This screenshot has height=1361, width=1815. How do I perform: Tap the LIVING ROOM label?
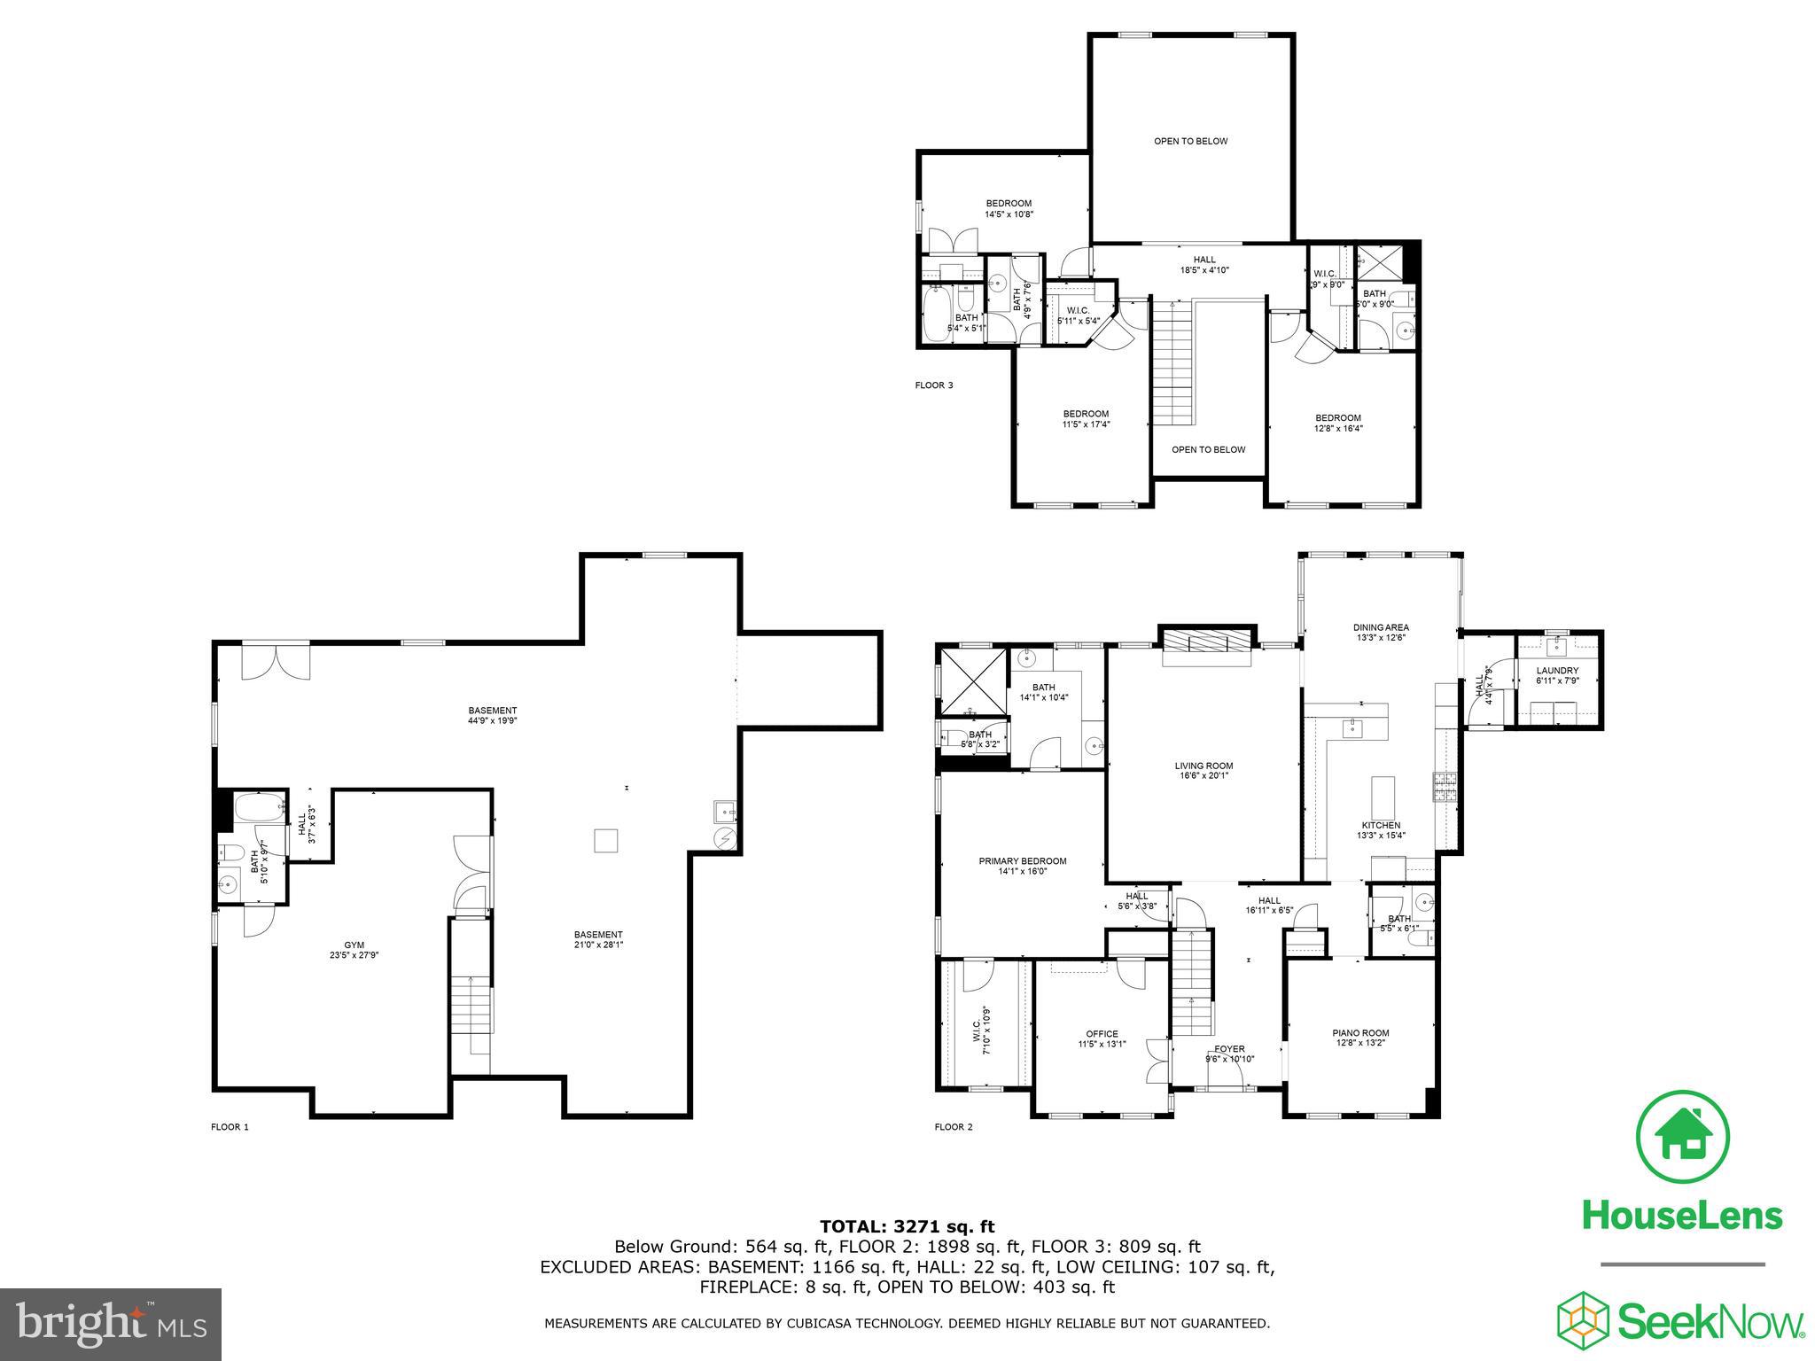pos(1204,766)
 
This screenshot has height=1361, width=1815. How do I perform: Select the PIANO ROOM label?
pos(1360,1033)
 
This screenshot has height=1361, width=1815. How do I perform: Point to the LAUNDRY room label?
pos(1557,671)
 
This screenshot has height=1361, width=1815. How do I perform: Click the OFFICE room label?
pos(1102,1034)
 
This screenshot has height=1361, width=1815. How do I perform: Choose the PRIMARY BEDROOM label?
pos(1022,861)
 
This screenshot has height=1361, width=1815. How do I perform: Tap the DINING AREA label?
pos(1381,627)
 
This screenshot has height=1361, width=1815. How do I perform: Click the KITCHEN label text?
pos(1381,825)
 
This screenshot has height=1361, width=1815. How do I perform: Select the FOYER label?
pos(1230,1049)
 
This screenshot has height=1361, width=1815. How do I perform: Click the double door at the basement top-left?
pos(277,661)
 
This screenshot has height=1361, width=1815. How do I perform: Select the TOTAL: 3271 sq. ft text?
pos(907,1226)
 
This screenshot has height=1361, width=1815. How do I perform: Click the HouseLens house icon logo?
pos(1681,1137)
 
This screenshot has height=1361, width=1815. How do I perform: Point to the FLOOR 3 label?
pos(934,385)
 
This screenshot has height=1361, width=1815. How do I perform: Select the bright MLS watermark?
pos(110,1325)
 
